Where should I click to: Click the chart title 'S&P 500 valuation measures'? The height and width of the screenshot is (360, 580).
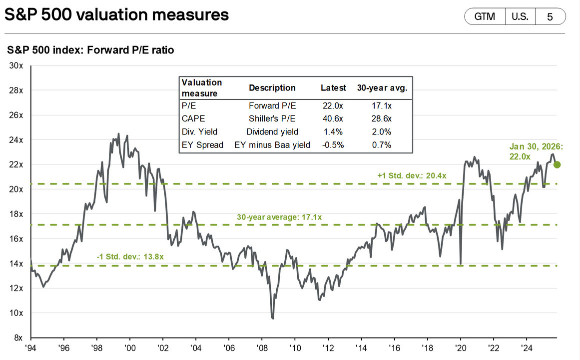(116, 14)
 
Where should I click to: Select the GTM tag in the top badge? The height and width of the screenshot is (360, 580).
(484, 16)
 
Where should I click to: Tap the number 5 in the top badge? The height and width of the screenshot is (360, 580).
(550, 16)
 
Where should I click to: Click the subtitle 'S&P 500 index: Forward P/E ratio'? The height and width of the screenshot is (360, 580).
(90, 50)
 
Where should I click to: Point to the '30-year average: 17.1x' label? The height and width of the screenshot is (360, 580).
(279, 217)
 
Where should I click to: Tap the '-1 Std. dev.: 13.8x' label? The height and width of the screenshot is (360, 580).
(130, 256)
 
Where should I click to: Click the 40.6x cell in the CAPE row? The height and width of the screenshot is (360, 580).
(333, 118)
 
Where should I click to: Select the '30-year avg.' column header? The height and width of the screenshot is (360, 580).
(382, 88)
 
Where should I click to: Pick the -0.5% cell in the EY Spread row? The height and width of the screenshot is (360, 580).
(333, 145)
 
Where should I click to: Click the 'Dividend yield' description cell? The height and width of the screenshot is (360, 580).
(272, 132)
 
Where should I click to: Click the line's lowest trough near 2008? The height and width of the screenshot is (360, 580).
(273, 318)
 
